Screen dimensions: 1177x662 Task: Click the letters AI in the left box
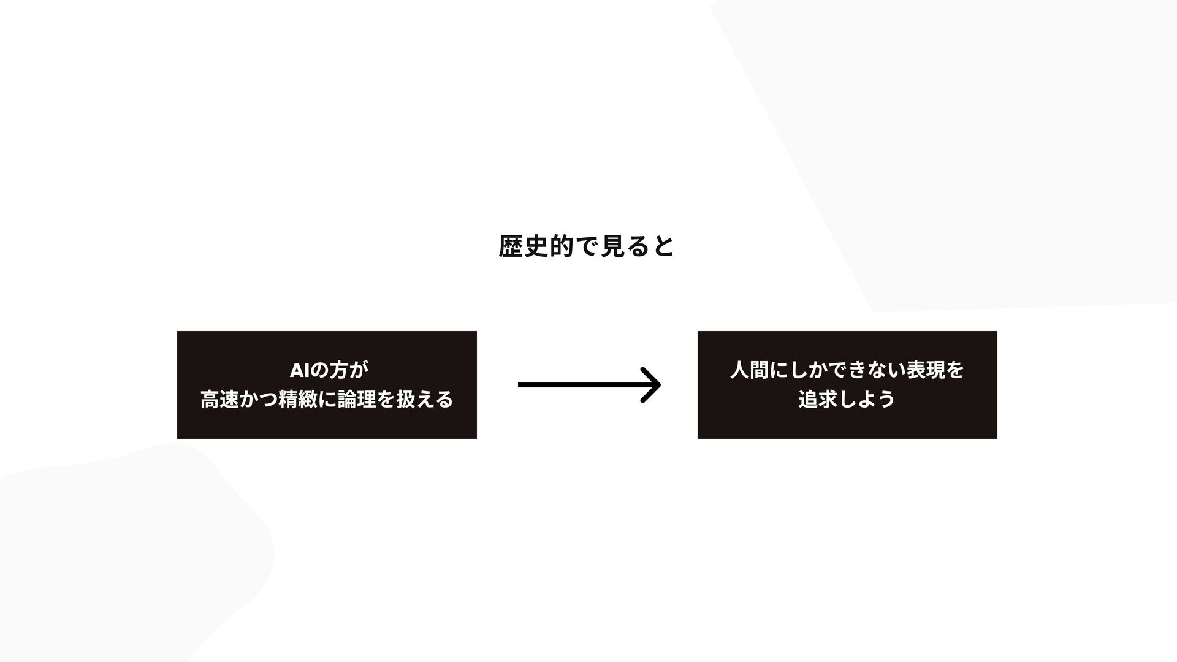click(300, 371)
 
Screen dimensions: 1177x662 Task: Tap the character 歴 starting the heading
click(511, 246)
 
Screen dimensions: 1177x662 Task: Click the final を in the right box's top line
click(954, 370)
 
